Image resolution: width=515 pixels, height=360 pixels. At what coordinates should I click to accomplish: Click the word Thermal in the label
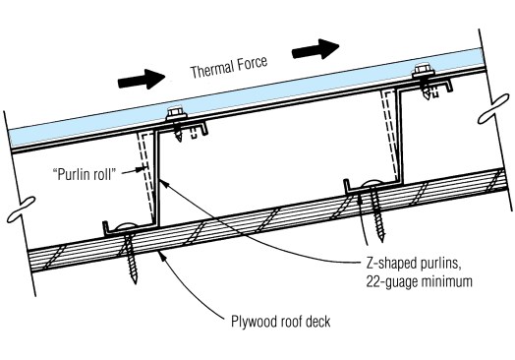pyautogui.click(x=212, y=70)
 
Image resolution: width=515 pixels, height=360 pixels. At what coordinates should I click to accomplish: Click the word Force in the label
pyautogui.click(x=253, y=63)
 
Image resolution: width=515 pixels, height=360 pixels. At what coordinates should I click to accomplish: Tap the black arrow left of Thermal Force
pyautogui.click(x=142, y=80)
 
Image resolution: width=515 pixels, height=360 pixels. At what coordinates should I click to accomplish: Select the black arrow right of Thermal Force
pyautogui.click(x=315, y=49)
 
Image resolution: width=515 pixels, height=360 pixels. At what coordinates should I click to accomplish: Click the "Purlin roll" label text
pyautogui.click(x=85, y=174)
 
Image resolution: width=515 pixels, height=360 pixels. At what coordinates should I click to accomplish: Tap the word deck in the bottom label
pyautogui.click(x=317, y=322)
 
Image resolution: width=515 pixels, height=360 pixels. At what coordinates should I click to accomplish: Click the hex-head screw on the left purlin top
pyautogui.click(x=177, y=123)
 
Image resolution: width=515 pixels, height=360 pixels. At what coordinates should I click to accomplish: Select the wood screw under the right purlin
pyautogui.click(x=375, y=210)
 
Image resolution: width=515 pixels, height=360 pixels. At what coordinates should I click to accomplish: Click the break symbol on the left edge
pyautogui.click(x=22, y=209)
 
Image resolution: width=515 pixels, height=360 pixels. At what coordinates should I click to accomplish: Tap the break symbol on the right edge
pyautogui.click(x=493, y=108)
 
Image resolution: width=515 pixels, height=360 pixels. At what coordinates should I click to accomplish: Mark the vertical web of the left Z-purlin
pyautogui.click(x=156, y=179)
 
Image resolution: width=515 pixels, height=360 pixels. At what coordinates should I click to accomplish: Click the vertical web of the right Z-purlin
pyautogui.click(x=400, y=136)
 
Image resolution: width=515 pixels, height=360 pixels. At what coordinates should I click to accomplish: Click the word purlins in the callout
pyautogui.click(x=439, y=265)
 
